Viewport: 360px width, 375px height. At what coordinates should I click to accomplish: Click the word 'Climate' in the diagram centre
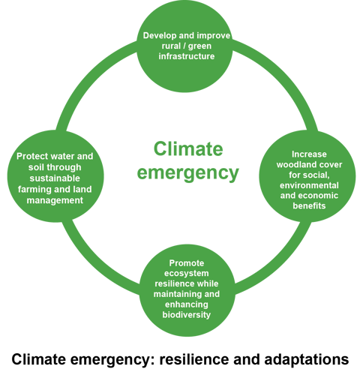pos(188,149)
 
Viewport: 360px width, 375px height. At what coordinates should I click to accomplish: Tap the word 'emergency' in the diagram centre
pos(188,173)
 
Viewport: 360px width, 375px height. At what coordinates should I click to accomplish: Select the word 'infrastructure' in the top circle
pos(187,56)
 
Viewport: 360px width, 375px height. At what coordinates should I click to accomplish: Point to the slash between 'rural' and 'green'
pos(184,46)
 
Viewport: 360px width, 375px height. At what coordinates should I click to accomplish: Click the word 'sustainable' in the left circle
pos(55,178)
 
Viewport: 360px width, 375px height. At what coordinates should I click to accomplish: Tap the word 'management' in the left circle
pos(55,200)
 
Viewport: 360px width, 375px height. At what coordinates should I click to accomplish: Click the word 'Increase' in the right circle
pos(309,154)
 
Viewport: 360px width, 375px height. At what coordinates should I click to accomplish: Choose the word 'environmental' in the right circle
pos(309,185)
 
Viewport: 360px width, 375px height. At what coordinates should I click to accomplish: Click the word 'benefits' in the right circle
pos(309,205)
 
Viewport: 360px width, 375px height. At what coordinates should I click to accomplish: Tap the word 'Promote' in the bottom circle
pos(187,263)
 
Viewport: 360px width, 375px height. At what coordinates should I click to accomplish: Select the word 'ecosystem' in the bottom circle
pos(187,274)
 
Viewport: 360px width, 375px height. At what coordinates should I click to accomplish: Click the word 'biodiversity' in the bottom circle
pos(187,315)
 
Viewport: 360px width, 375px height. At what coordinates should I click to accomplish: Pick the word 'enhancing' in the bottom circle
pos(187,304)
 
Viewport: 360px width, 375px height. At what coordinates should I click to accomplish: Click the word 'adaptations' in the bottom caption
pos(307,360)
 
